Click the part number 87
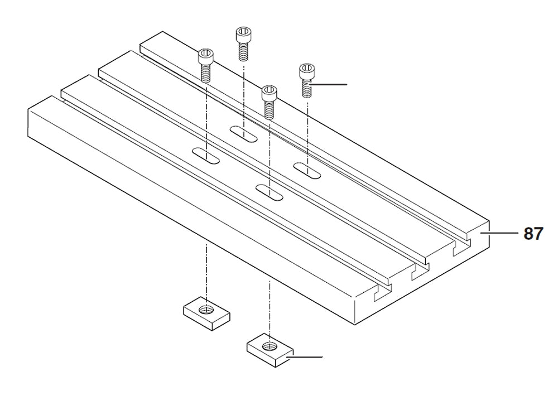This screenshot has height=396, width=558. click(x=532, y=233)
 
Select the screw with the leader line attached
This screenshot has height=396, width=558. click(x=306, y=80)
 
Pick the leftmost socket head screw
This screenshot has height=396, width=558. click(x=205, y=64)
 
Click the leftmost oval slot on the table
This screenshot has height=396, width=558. click(x=205, y=156)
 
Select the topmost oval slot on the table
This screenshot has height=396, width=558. click(x=244, y=133)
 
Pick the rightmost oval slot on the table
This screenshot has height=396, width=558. click(x=307, y=171)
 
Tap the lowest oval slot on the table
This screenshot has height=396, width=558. click(x=270, y=192)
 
